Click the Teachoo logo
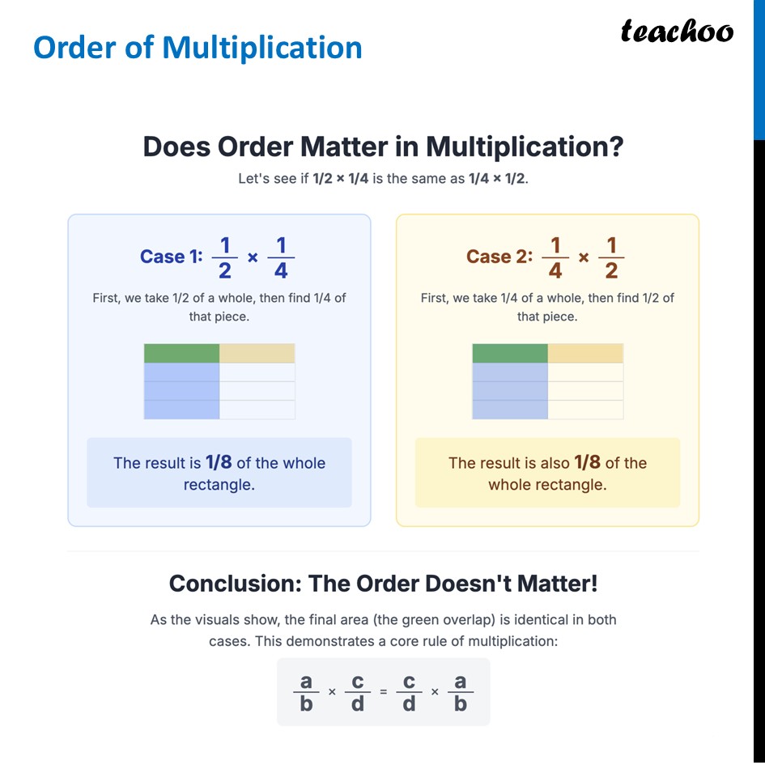pos(677,32)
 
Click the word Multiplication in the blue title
pos(261,48)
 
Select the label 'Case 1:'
pos(171,257)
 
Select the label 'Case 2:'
pos(499,257)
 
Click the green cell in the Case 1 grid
pos(181,353)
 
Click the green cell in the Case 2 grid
pos(509,353)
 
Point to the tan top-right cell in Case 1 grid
pos(257,353)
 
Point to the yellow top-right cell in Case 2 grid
pos(585,353)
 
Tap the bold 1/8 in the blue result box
pos(219,462)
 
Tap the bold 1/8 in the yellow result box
pos(587,462)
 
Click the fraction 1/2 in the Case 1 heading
pos(225,257)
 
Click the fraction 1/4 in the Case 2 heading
pos(555,257)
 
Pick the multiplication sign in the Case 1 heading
pos(253,257)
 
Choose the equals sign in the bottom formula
pos(384,692)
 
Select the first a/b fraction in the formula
pos(306,692)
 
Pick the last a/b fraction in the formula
pos(461,692)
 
